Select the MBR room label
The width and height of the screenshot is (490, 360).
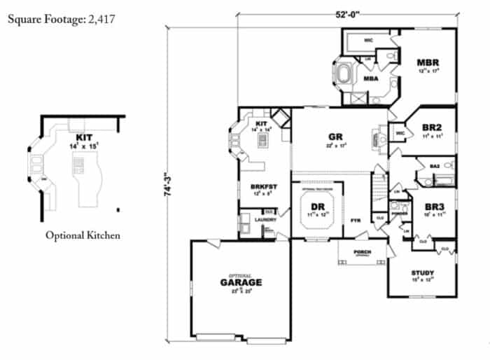point(428,62)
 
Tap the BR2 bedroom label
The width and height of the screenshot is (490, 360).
point(430,127)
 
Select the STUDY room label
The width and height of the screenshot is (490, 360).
point(423,272)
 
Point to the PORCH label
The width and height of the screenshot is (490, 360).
point(362,251)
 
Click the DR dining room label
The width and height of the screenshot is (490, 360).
point(316,207)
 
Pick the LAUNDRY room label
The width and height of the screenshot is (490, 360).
point(266,219)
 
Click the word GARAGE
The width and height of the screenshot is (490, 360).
point(241,282)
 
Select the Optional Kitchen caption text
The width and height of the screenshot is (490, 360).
point(83,235)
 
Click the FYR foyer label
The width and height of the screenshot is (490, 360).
point(355,219)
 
